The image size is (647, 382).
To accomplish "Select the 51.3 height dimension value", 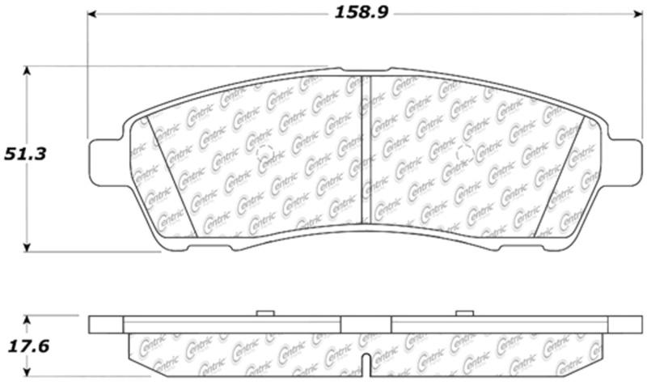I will pos(23,152).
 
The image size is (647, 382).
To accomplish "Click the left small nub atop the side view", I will pos(263,312).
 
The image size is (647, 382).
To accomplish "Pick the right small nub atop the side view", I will pos(463,312).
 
